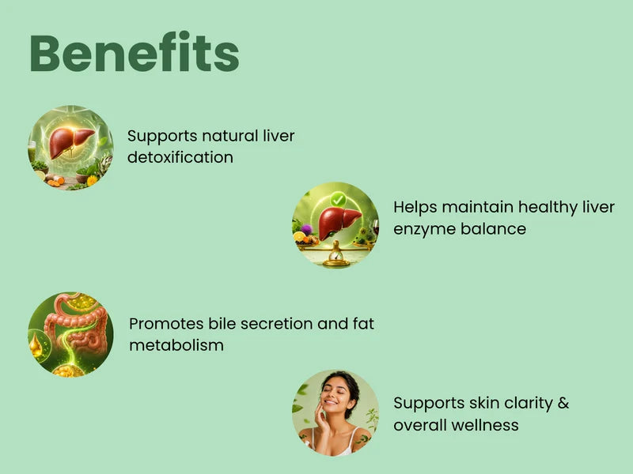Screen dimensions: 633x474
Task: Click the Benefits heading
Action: (x=135, y=53)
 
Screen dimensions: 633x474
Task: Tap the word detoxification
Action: (x=180, y=157)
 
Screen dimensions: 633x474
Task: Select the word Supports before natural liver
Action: (x=162, y=137)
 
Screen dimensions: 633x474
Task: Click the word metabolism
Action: (x=176, y=345)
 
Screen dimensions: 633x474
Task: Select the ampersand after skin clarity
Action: (x=563, y=403)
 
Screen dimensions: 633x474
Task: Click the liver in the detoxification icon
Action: (x=71, y=141)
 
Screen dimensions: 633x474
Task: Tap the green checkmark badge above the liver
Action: (x=338, y=200)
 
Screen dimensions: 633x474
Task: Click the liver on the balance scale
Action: (x=339, y=224)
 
